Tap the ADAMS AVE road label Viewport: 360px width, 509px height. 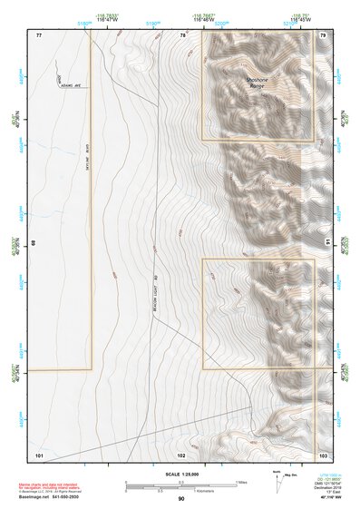pos(73,83)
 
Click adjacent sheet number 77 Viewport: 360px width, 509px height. pos(39,34)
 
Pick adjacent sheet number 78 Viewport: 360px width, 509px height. pos(182,34)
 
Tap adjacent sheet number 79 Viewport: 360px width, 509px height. pos(323,34)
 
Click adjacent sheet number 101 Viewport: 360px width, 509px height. pos(39,453)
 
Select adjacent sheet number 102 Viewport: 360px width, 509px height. pos(181,453)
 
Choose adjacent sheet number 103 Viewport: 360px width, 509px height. pos(323,453)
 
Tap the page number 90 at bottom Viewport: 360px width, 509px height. pos(181,499)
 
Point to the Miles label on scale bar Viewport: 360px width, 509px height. pos(239,482)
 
